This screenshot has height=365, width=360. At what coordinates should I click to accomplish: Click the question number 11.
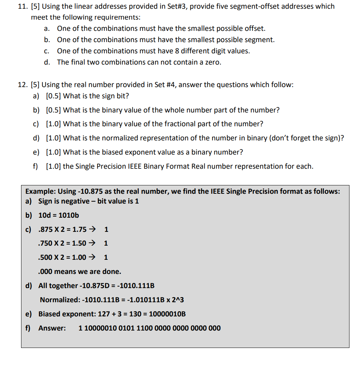click(23, 6)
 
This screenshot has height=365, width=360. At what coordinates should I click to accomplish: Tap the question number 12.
click(23, 85)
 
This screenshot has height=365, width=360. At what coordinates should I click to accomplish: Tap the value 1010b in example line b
click(69, 215)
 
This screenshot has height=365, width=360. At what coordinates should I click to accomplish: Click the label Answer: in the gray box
click(52, 328)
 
